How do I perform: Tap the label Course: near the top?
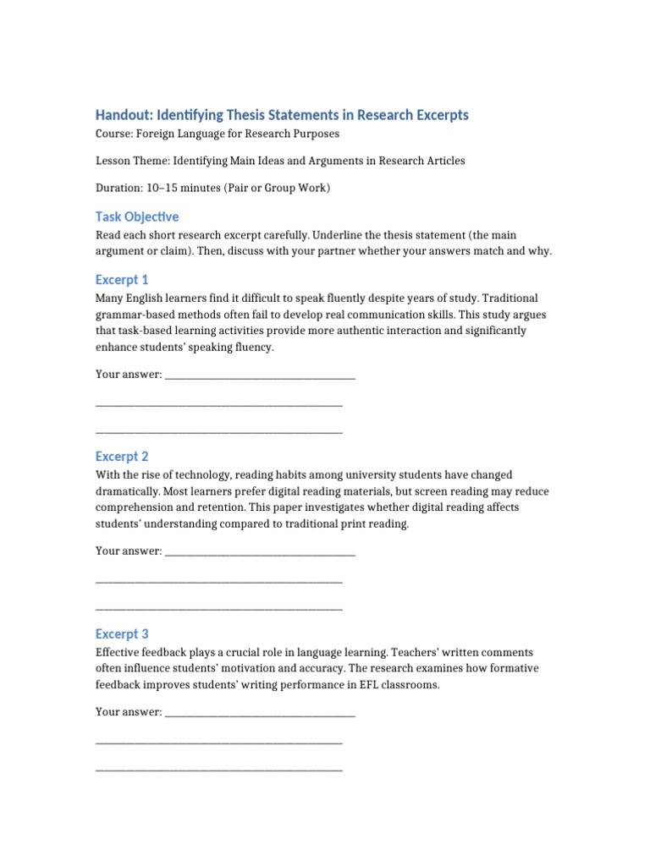pos(114,134)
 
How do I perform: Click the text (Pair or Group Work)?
pos(277,188)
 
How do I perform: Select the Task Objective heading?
pos(137,217)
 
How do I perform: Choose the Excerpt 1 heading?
pos(122,280)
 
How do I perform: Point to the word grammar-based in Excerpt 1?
pos(130,315)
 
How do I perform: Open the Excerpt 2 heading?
pos(122,457)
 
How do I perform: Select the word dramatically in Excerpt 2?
pos(126,491)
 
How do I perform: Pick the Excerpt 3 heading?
pos(122,634)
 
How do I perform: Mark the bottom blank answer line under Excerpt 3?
pos(219,769)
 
